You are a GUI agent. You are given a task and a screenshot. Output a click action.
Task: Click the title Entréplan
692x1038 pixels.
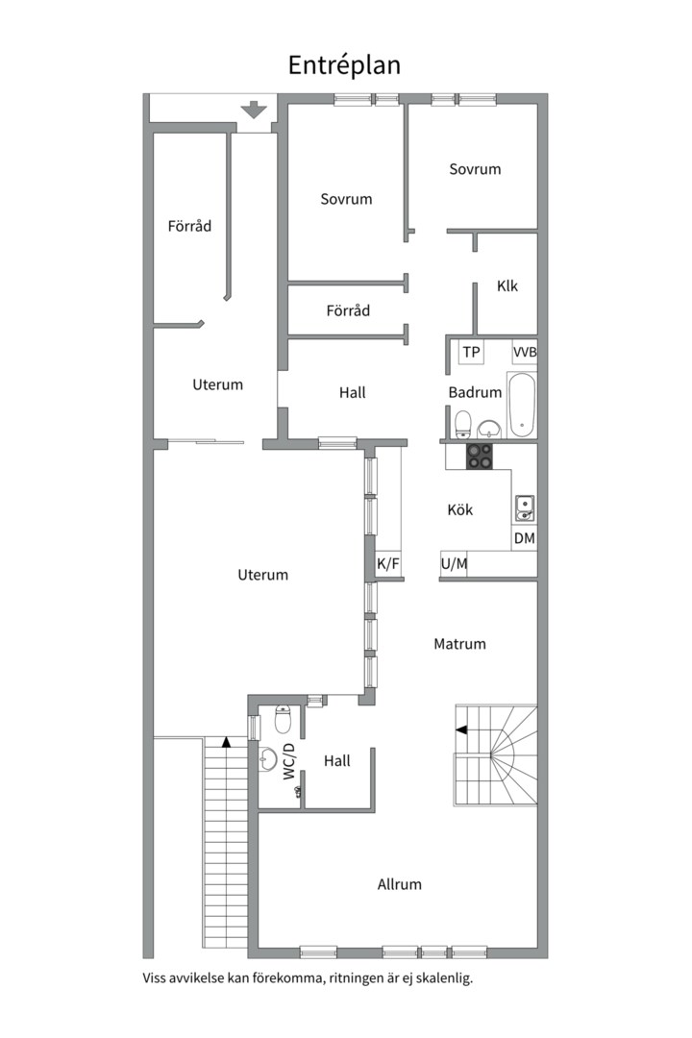pyautogui.click(x=344, y=65)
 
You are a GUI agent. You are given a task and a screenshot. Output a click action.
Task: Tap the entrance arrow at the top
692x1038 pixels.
pyautogui.click(x=254, y=110)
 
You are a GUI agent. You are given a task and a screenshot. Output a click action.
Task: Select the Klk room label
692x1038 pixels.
pyautogui.click(x=507, y=286)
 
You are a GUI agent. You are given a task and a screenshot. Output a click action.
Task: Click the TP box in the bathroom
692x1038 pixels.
pyautogui.click(x=471, y=352)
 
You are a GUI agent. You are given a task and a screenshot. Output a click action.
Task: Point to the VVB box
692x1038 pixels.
pyautogui.click(x=525, y=352)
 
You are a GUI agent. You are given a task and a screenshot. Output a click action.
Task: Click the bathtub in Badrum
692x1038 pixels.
pyautogui.click(x=522, y=405)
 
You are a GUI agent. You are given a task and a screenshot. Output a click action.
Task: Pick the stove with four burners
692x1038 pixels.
pyautogui.click(x=480, y=456)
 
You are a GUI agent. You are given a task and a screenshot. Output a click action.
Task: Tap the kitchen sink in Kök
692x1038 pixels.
pyautogui.click(x=525, y=508)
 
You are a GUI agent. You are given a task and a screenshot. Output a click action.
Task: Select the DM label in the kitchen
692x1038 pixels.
pyautogui.click(x=525, y=538)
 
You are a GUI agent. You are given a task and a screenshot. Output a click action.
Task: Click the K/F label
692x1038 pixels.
pyautogui.click(x=388, y=563)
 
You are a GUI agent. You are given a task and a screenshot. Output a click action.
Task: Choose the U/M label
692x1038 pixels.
pyautogui.click(x=454, y=563)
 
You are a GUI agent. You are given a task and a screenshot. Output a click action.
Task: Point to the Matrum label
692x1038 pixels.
pyautogui.click(x=459, y=643)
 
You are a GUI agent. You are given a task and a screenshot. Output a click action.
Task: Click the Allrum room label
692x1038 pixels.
pyautogui.click(x=399, y=884)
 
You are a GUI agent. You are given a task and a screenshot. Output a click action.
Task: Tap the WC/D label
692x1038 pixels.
pyautogui.click(x=288, y=761)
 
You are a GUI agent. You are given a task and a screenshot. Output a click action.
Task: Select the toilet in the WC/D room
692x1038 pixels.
pyautogui.click(x=283, y=720)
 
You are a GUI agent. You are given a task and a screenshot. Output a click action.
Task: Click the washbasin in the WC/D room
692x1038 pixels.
pyautogui.click(x=267, y=759)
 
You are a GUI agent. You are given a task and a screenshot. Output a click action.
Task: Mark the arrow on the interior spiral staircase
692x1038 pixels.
pyautogui.click(x=461, y=729)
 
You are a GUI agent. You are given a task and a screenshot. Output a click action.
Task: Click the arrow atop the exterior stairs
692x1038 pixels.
pyautogui.click(x=227, y=742)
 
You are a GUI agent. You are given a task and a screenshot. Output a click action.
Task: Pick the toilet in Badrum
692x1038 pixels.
pyautogui.click(x=463, y=425)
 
